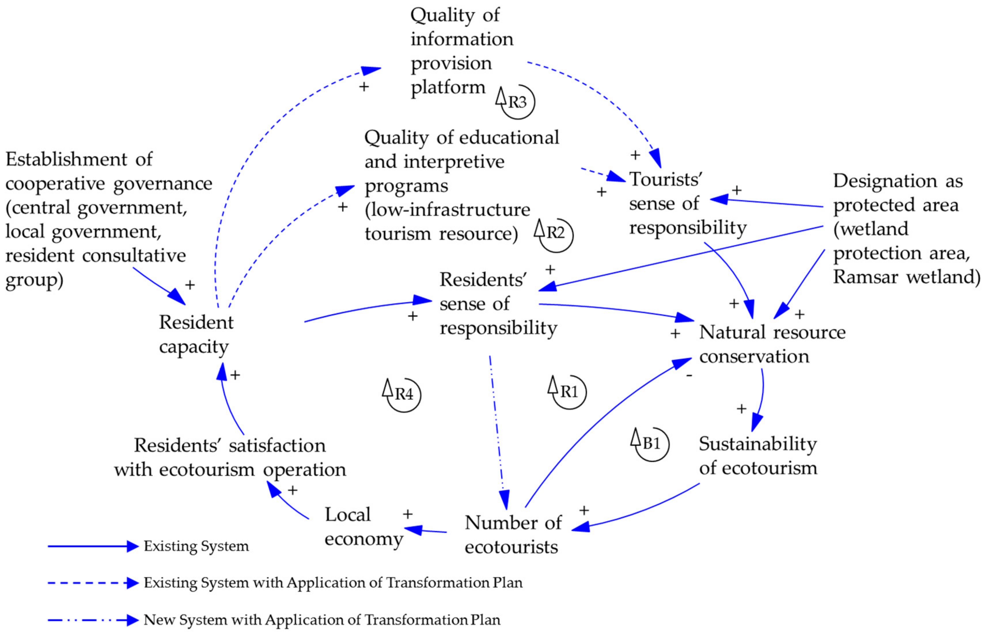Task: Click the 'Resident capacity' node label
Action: (x=196, y=334)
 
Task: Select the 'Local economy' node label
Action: (x=363, y=526)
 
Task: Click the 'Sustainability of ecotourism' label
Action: (x=757, y=456)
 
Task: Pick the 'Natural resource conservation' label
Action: (x=772, y=344)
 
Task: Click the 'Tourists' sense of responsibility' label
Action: (x=687, y=203)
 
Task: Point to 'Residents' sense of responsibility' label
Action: (x=498, y=304)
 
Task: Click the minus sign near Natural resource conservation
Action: (x=689, y=375)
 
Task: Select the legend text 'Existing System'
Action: (x=196, y=546)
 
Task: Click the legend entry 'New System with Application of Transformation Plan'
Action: (x=322, y=620)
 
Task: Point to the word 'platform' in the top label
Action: (x=448, y=88)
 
